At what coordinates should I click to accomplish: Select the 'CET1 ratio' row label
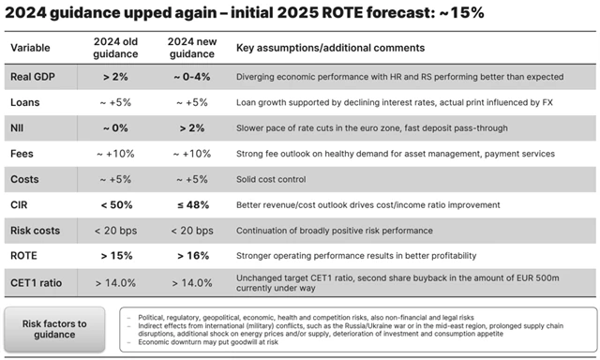pos(38,282)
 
